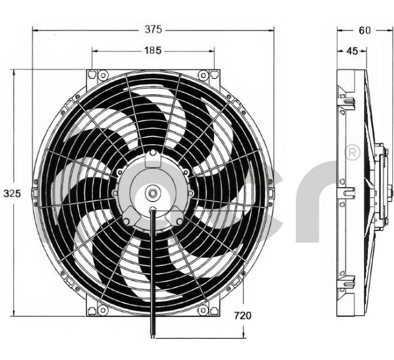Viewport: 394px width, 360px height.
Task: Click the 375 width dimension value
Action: pyautogui.click(x=154, y=29)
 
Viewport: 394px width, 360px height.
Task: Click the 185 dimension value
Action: pyautogui.click(x=153, y=51)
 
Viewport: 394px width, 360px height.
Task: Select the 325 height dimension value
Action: pyautogui.click(x=12, y=194)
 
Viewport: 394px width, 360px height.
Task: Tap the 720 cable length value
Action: pyautogui.click(x=243, y=316)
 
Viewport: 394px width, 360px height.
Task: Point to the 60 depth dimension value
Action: pyautogui.click(x=365, y=30)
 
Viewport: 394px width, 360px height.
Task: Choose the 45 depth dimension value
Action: pyautogui.click(x=352, y=51)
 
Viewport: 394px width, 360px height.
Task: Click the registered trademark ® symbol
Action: pyautogui.click(x=353, y=152)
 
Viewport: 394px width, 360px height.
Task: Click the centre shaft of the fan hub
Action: pyautogui.click(x=152, y=193)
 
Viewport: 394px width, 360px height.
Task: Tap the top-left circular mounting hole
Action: pyautogui.click(x=103, y=75)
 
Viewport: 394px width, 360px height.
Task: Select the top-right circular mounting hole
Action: pyautogui.click(x=203, y=75)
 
